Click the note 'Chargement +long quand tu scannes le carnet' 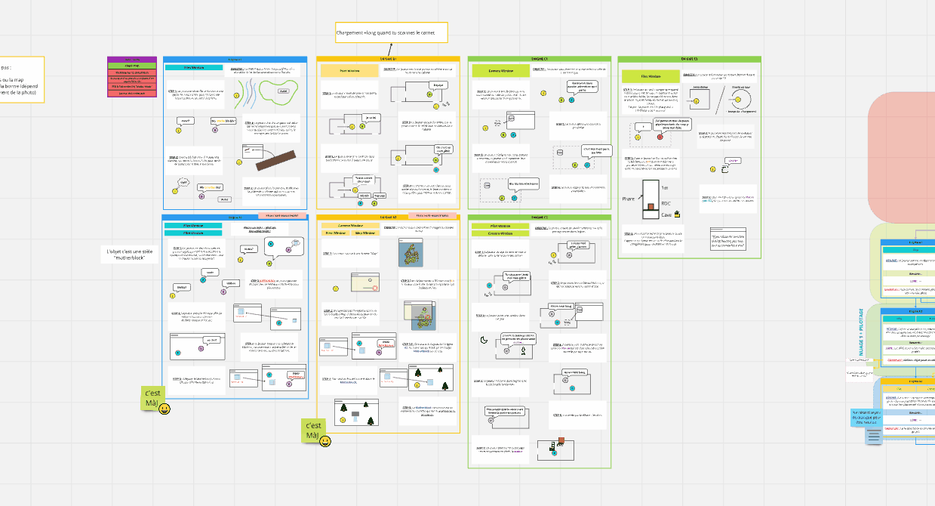click(392, 32)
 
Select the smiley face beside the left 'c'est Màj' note click(165, 409)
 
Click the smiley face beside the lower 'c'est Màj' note click(325, 440)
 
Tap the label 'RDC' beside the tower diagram click(666, 203)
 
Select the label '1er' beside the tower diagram click(664, 187)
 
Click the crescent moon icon click(483, 340)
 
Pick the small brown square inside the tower click(649, 206)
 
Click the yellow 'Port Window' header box click(343, 69)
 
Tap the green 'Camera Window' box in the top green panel click(497, 70)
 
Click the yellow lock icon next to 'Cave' click(677, 214)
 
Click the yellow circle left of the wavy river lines click(237, 95)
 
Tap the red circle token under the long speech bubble click(660, 137)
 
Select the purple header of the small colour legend click(132, 59)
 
